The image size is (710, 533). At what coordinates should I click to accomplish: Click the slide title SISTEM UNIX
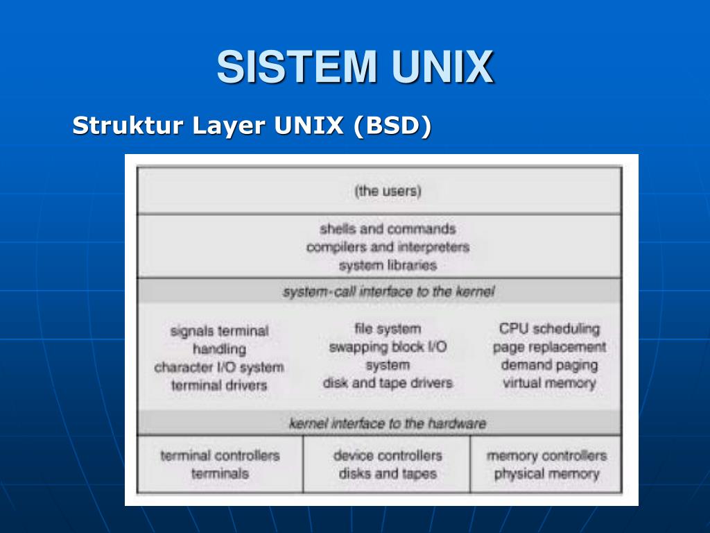pos(355,67)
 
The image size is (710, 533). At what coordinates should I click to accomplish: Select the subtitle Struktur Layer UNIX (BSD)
pos(252,126)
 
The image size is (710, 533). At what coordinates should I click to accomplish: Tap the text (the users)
pos(388,191)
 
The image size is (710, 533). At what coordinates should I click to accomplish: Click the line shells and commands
pos(388,229)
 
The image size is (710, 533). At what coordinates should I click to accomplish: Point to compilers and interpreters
pos(388,247)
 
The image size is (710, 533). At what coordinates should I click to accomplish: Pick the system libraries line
pos(388,265)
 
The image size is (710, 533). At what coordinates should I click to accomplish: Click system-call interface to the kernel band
pos(388,291)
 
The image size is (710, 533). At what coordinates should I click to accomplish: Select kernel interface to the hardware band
pos(388,423)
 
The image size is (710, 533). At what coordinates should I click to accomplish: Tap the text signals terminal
pos(219,331)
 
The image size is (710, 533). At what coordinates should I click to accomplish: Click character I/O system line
pos(219,367)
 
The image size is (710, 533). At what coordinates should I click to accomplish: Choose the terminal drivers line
pos(219,385)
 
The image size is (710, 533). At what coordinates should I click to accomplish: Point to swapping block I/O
pos(388,347)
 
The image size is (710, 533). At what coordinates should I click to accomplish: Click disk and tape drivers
pos(388,382)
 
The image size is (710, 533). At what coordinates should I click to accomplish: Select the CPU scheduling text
pos(549,328)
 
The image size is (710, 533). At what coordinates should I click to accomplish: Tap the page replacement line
pos(549,346)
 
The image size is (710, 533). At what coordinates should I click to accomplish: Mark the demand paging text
pos(549,364)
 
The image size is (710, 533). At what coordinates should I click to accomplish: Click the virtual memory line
pos(549,382)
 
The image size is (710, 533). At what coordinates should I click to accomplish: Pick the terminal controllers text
pos(220,456)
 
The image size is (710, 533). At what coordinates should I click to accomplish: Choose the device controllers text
pos(388,456)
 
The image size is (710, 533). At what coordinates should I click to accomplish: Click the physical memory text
pos(546,474)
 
